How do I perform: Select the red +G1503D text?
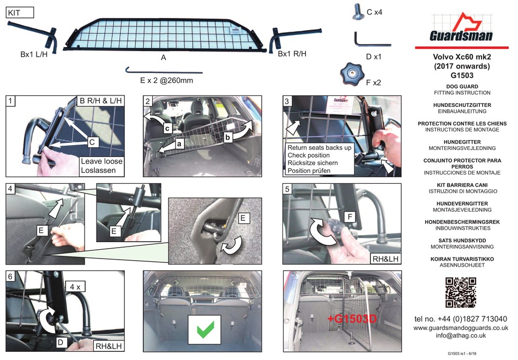352,319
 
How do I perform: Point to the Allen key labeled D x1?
371,41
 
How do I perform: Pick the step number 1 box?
11,100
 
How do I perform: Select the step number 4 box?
11,189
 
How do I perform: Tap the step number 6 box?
11,276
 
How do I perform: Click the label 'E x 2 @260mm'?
163,80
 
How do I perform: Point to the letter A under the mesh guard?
164,57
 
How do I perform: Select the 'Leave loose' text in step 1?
101,161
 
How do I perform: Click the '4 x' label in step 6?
75,285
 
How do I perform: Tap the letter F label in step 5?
351,217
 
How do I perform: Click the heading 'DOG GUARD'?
461,87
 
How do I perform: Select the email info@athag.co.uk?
461,336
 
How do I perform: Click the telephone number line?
461,319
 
